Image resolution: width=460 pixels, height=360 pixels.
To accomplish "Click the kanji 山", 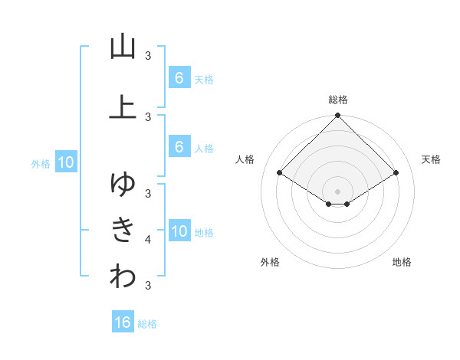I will (x=123, y=47).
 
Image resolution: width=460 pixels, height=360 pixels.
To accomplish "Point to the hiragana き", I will (x=123, y=230).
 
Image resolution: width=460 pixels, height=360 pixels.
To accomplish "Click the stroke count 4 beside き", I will (x=148, y=240).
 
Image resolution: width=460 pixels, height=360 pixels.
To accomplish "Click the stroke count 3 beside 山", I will (x=148, y=55).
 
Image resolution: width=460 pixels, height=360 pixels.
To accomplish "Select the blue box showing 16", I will (x=123, y=322).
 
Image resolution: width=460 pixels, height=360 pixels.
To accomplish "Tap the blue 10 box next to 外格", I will (x=66, y=162).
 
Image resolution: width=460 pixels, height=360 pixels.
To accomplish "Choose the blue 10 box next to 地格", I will (x=179, y=231).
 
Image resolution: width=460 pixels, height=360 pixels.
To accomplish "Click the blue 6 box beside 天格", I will (x=179, y=78).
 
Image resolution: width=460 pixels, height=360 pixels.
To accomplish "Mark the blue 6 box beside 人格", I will (x=179, y=147).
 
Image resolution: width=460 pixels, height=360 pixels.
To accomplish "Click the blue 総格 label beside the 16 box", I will (x=147, y=324).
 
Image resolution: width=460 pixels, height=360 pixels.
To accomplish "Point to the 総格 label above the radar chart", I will (x=338, y=100).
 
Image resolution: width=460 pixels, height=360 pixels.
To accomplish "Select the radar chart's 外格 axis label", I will (x=270, y=262).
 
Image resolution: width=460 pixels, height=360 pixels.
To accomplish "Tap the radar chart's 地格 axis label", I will (x=402, y=262).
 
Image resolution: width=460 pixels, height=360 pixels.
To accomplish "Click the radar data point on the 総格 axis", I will (x=338, y=116).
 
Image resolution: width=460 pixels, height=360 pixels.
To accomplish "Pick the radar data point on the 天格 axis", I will (x=396, y=173).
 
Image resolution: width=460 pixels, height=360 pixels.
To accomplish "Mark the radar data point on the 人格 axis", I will (x=280, y=173).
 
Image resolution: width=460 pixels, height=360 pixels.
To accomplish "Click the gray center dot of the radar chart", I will (x=338, y=191).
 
